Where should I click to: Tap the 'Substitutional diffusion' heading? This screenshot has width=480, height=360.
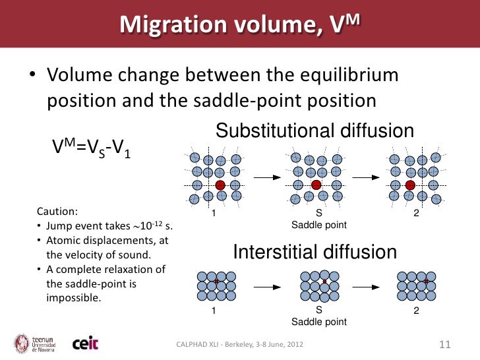point(315,131)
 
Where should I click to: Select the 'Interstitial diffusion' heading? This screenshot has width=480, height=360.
point(316,252)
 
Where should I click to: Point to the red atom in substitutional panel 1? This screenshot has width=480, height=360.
point(220,185)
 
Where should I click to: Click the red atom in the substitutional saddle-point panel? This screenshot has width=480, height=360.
point(316,185)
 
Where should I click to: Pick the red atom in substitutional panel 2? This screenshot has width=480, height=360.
point(410,185)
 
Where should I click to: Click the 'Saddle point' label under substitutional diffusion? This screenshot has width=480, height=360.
point(319,225)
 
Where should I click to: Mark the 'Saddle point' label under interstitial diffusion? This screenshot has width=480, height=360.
point(319,322)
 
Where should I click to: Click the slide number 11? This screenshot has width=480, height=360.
point(444,344)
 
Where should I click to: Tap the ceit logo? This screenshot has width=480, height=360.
point(85,344)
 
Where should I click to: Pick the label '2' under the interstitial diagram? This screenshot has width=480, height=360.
point(416,311)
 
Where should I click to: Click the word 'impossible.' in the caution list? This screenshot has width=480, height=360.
point(73,297)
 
